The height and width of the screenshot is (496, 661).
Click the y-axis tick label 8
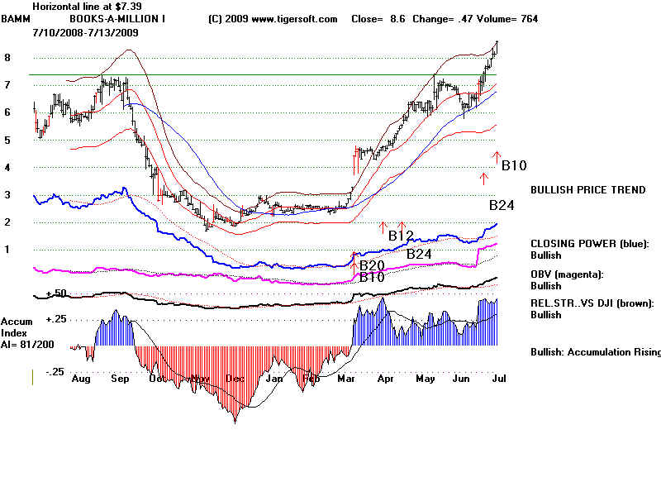coord(7,58)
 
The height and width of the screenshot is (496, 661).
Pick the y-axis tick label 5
coord(7,141)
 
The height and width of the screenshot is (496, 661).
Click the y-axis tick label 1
coord(7,249)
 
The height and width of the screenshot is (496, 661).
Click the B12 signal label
coord(402,236)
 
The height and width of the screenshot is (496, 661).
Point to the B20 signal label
coord(372,265)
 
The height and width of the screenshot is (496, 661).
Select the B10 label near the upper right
coord(514,166)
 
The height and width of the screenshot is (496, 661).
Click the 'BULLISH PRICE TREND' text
coord(587,190)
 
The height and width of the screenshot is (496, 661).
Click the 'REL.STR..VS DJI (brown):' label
coord(592,303)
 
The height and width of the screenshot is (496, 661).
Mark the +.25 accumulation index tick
coord(55,319)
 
